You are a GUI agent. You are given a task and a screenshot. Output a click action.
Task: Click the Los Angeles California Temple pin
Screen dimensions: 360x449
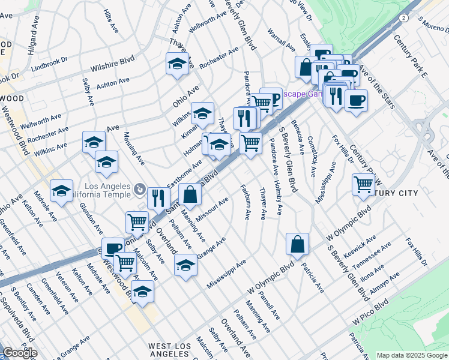point(139,190)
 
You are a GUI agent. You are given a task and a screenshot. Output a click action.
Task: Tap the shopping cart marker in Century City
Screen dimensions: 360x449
point(363,185)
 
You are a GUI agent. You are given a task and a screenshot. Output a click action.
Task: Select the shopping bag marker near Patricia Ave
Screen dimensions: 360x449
point(297,244)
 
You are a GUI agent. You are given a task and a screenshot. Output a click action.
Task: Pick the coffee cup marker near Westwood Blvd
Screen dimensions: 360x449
point(112,248)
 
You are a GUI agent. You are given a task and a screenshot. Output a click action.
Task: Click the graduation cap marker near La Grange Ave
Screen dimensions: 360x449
point(185,265)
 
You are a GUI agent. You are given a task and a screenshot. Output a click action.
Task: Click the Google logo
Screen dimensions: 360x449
point(19,353)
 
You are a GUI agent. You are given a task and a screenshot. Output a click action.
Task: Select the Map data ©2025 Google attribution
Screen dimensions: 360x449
point(411,355)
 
